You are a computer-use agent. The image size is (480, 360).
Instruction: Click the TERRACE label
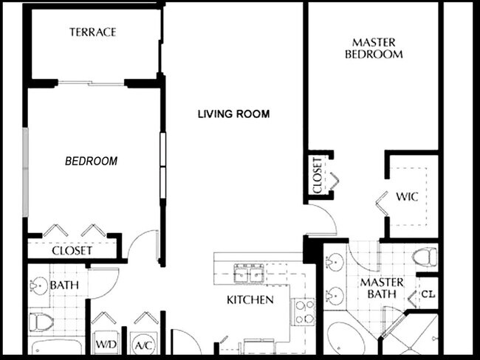point(93,32)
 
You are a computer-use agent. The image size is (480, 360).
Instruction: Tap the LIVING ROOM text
point(233,114)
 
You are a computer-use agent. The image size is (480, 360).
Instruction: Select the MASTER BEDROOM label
point(377,49)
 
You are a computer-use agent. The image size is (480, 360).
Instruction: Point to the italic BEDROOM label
point(91,161)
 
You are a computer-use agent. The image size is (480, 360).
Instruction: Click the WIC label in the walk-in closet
point(407,198)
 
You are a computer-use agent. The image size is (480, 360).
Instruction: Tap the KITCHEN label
point(250,300)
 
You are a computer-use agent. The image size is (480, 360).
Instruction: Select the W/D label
point(103,345)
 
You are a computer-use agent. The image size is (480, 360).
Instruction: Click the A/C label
point(143,345)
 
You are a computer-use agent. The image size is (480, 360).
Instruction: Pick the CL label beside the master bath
point(427,294)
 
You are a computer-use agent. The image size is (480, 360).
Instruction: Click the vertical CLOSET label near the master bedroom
point(317,176)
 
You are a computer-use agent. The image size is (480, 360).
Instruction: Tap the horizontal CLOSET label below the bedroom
point(72,251)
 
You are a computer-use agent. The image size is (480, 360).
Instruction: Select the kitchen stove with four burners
point(304,311)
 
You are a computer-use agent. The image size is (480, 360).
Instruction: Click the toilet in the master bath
point(425,257)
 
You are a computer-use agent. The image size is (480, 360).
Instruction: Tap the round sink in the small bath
point(39,285)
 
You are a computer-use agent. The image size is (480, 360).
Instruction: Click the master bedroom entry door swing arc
point(323,220)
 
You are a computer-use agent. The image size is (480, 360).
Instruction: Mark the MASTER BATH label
point(381,288)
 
